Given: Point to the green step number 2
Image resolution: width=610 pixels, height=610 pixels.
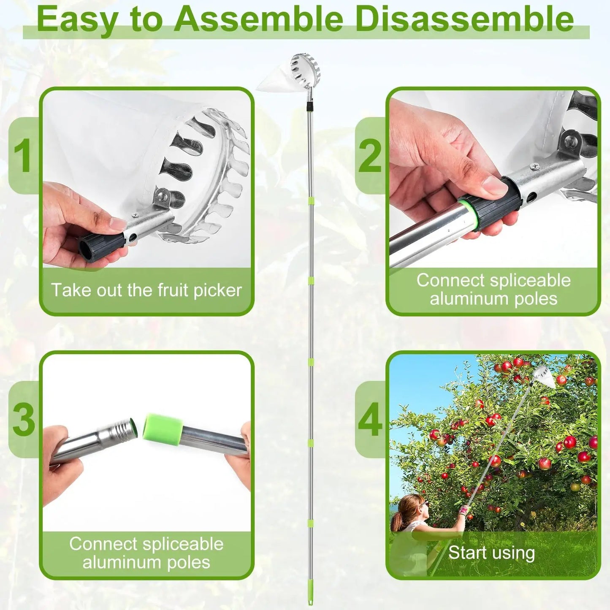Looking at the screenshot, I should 370,156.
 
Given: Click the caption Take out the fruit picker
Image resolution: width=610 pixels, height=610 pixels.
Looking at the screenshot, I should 146,290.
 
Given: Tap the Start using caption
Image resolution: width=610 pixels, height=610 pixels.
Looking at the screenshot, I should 491,553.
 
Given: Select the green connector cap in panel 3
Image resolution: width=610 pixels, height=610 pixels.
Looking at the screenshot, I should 163,428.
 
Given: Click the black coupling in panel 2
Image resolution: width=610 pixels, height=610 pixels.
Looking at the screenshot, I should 492,203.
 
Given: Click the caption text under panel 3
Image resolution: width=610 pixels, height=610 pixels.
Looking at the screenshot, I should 146,553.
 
